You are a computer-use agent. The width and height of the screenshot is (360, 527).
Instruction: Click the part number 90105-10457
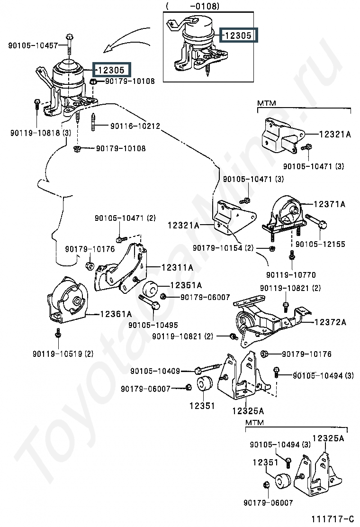pos(33,45)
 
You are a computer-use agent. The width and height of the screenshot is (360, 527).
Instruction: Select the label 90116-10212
pos(135,127)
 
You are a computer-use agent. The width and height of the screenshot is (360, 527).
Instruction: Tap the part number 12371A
pos(329,204)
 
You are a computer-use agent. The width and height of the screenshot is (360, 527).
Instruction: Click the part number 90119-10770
pos(291,275)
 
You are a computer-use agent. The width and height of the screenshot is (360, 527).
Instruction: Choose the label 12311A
pos(177,268)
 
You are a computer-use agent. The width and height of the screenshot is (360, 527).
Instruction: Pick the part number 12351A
pos(186,285)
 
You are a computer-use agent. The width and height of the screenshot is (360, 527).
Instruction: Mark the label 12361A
pos(116,314)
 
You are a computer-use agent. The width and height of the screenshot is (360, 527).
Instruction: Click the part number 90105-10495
pos(153,325)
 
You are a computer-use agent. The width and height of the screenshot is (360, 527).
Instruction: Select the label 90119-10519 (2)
pos(63,354)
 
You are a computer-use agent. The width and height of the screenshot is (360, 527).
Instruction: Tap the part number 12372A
pos(330,322)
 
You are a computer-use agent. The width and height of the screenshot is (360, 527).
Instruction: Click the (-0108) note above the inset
pos(192,7)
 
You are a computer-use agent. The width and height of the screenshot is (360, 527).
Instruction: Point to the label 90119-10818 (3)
pos(40,133)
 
